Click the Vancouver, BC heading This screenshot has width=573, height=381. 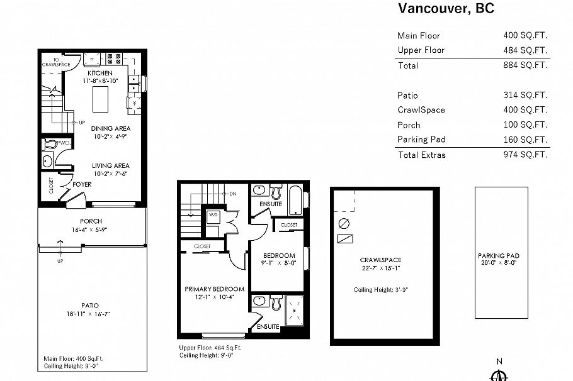click(446, 8)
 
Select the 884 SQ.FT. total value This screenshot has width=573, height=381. click(525, 65)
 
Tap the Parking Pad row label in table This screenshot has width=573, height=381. click(421, 140)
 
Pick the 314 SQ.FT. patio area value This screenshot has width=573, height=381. click(525, 96)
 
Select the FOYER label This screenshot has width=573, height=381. click(82, 185)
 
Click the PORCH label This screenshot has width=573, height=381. click(91, 221)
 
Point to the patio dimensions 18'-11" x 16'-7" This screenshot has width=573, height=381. click(91, 313)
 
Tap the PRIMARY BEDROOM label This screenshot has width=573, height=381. click(214, 289)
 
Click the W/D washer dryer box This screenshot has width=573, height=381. click(213, 214)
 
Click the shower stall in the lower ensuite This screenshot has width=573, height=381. click(293, 311)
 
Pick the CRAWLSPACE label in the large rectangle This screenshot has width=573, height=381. click(380, 260)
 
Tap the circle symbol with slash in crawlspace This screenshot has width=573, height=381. click(344, 223)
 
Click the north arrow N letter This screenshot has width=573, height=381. click(499, 361)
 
